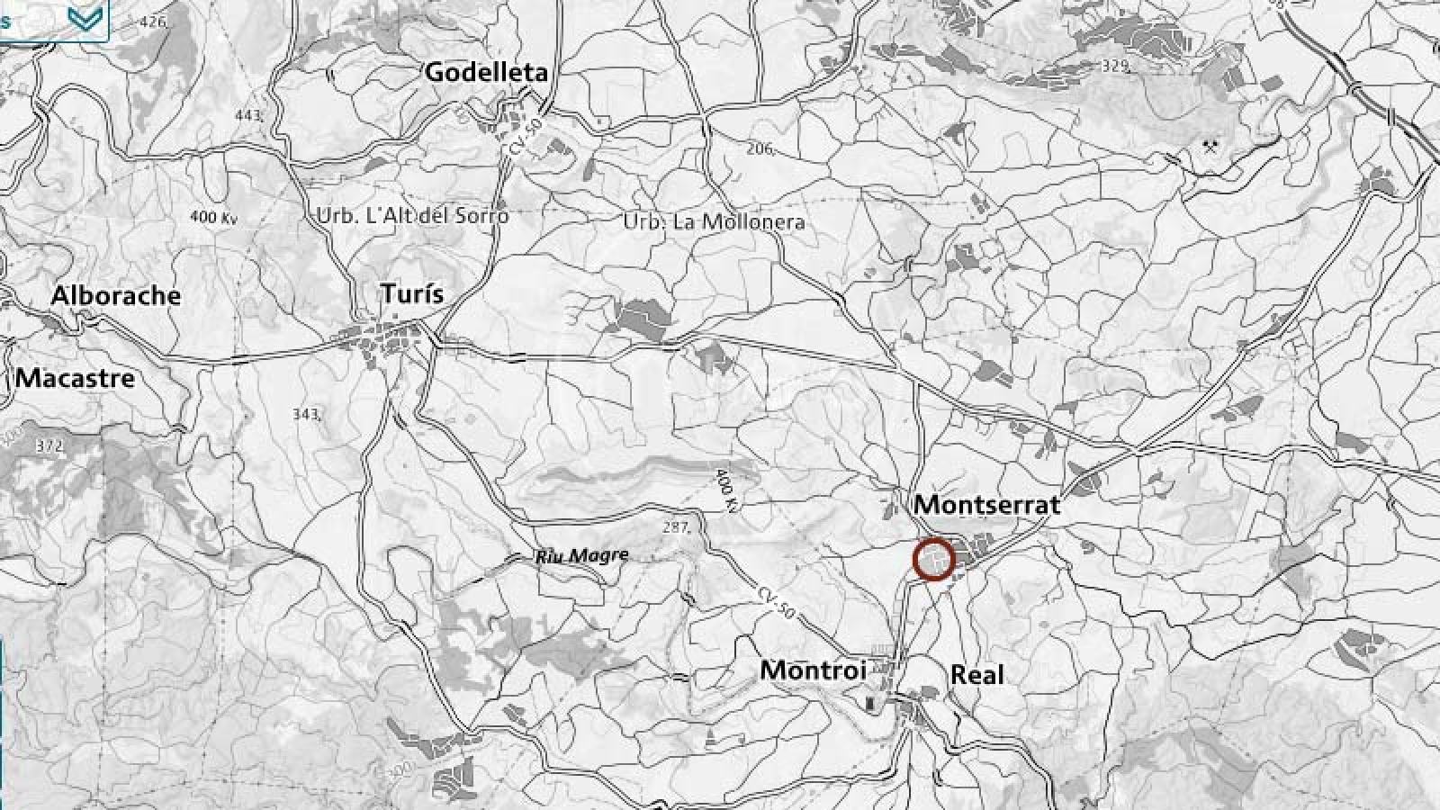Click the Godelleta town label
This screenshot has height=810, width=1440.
[x=486, y=72]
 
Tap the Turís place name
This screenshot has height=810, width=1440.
[x=412, y=294]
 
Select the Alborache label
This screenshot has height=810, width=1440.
[x=116, y=295]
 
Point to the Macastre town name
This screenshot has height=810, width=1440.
[x=76, y=378]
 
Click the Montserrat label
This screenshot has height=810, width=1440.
[x=987, y=505]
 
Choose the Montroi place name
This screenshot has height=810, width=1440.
[x=813, y=670]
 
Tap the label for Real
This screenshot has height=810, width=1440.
[x=976, y=675]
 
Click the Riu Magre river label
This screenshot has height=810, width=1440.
[x=581, y=556]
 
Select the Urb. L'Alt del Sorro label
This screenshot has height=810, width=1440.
[x=412, y=217]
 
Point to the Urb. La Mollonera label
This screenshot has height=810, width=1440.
[x=714, y=221]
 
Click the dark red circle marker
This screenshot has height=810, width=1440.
[x=934, y=559]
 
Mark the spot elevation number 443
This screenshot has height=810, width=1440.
[x=248, y=115]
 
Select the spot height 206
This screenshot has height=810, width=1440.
[x=760, y=148]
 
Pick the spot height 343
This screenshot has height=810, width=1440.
[x=306, y=414]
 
